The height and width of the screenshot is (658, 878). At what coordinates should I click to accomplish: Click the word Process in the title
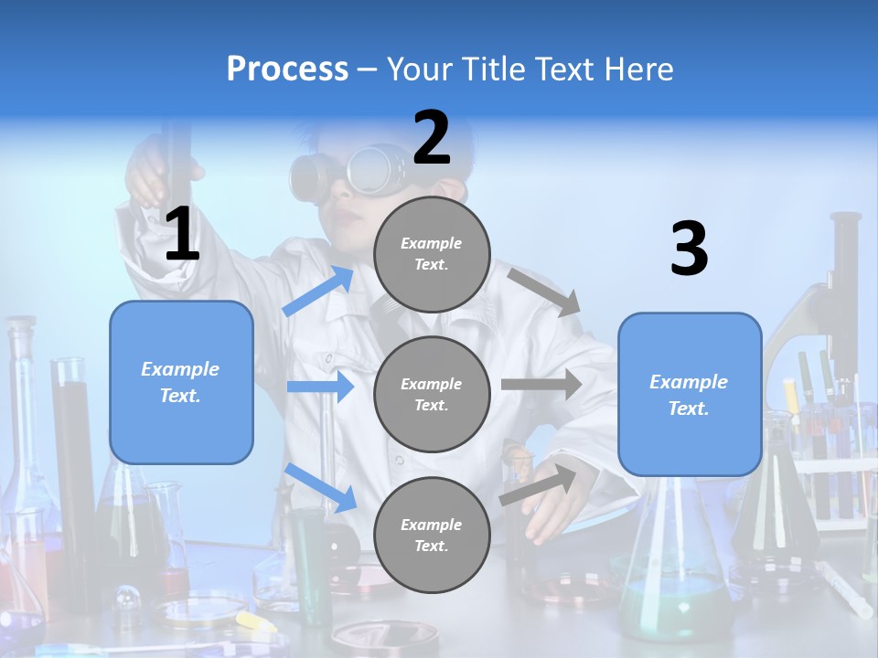click(x=287, y=69)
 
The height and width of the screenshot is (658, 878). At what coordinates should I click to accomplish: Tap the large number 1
click(x=182, y=235)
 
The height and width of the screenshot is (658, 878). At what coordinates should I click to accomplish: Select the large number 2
click(x=432, y=138)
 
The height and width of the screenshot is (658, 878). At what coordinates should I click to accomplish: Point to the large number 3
click(x=689, y=249)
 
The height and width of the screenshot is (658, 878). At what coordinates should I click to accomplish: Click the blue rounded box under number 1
click(x=181, y=382)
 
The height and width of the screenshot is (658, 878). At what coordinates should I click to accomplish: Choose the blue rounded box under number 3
click(x=690, y=394)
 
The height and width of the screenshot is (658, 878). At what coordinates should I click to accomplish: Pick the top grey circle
click(x=432, y=254)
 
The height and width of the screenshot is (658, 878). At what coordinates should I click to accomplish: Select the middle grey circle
click(x=432, y=394)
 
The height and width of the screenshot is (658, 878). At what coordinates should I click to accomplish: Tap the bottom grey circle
click(x=432, y=535)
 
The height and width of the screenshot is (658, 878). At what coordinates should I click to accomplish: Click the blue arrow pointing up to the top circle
click(x=318, y=291)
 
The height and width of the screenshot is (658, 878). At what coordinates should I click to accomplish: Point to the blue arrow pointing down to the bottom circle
click(x=320, y=486)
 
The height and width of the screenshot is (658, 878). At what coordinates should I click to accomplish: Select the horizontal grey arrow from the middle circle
click(x=541, y=384)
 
